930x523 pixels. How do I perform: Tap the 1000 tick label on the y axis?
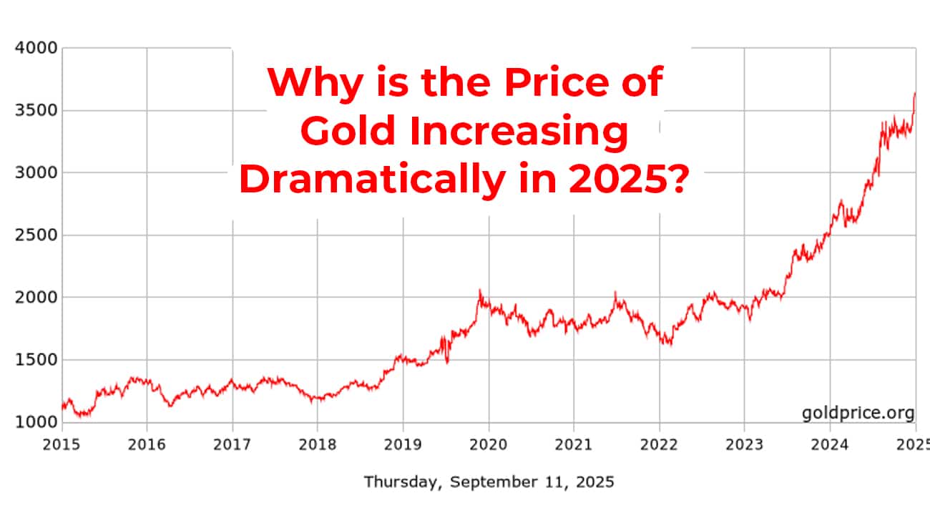[x=33, y=422]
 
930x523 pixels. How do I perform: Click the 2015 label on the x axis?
[x=62, y=444]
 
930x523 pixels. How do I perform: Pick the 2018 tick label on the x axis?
[x=318, y=444]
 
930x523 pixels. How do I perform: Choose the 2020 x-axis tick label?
[x=489, y=444]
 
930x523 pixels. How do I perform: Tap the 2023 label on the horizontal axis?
[x=744, y=444]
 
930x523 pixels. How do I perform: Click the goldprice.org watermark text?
[x=858, y=413]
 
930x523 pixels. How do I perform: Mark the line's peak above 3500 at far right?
[x=914, y=94]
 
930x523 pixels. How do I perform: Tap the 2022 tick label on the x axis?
[x=659, y=444]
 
